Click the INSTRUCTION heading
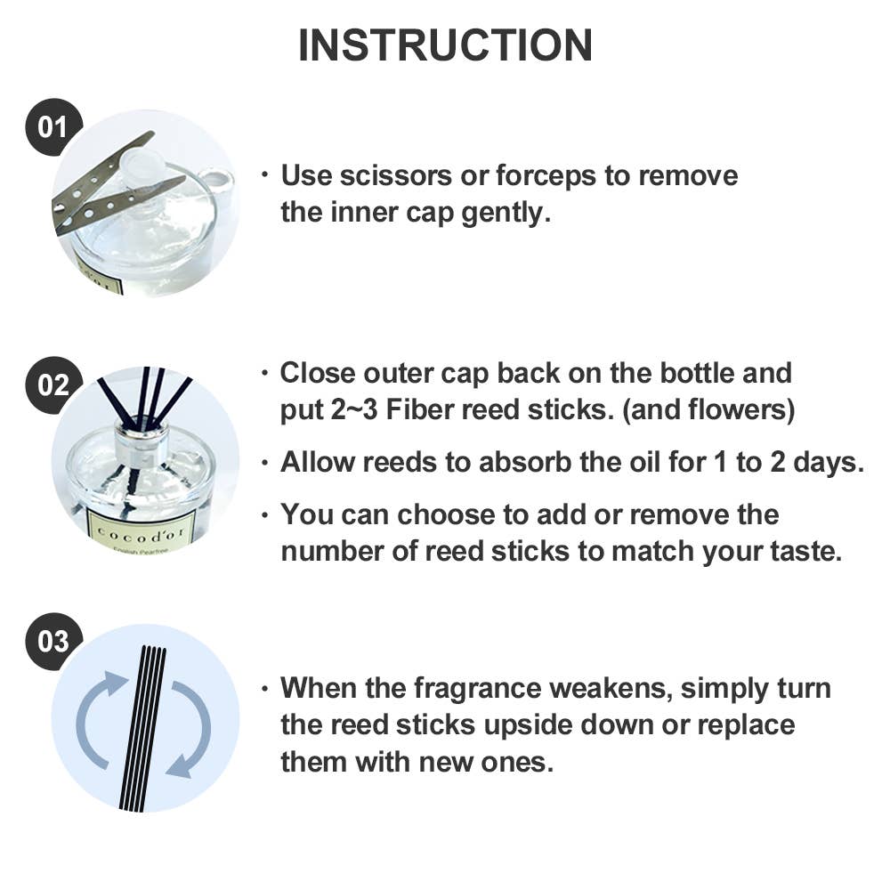[x=445, y=45]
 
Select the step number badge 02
[x=53, y=385]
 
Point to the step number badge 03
[x=53, y=642]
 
